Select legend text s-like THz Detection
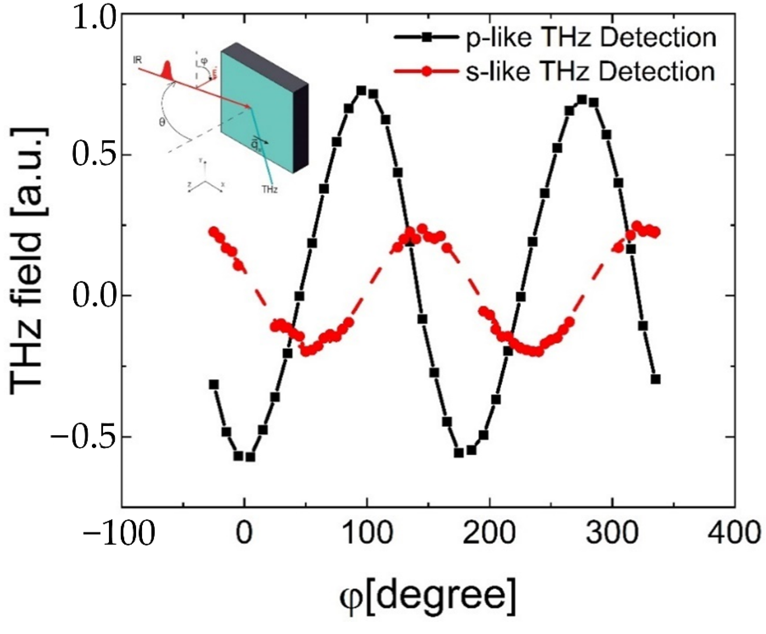pyautogui.click(x=590, y=72)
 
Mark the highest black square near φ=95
pyautogui.click(x=362, y=91)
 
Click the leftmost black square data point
pyautogui.click(x=214, y=384)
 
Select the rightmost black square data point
pyautogui.click(x=655, y=379)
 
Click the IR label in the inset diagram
pyautogui.click(x=137, y=60)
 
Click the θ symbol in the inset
pyautogui.click(x=162, y=123)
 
